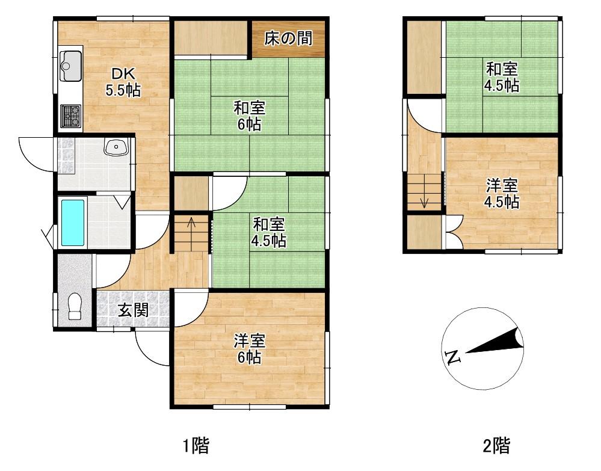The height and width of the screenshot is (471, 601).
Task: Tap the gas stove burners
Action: tap(71, 115)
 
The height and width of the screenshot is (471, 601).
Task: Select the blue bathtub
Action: tap(72, 223)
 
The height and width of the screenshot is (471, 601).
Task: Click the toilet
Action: tap(75, 306)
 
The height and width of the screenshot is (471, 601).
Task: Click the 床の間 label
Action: tap(289, 39)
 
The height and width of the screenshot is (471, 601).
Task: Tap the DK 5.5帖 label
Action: tap(123, 82)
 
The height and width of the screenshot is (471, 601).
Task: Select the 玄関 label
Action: tap(133, 310)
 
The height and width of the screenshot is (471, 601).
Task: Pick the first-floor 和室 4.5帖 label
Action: tap(268, 233)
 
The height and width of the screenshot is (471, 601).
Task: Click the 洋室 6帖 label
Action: tap(249, 349)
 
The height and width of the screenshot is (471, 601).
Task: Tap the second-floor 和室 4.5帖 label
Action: tap(502, 77)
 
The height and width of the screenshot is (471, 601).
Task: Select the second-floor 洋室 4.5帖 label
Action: tap(502, 194)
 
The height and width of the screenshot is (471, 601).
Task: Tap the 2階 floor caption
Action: tap(496, 446)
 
